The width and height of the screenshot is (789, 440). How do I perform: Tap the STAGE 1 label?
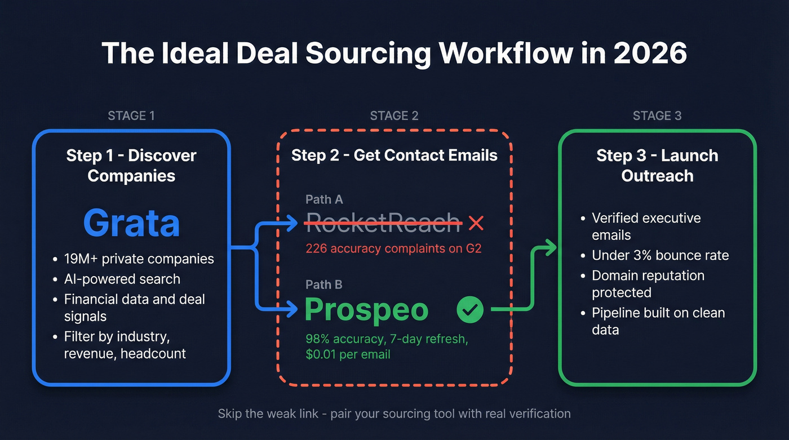131,116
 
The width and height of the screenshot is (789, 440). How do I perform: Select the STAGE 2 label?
394,116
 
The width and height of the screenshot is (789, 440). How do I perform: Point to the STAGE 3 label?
657,116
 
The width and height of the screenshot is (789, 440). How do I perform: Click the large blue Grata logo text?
131,223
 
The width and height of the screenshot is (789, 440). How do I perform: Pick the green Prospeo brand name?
366,310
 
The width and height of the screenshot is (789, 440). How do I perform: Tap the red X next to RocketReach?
476,224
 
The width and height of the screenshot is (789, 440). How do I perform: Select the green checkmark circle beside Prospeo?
469,310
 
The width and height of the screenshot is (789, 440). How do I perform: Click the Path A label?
324,199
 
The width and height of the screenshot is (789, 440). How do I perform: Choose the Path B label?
324,285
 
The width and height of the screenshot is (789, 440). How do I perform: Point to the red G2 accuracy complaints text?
393,248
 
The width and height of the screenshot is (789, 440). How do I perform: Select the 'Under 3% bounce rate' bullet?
660,255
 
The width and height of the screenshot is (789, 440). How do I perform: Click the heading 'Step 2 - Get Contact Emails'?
394,155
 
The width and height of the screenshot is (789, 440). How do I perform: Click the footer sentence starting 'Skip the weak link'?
394,414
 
